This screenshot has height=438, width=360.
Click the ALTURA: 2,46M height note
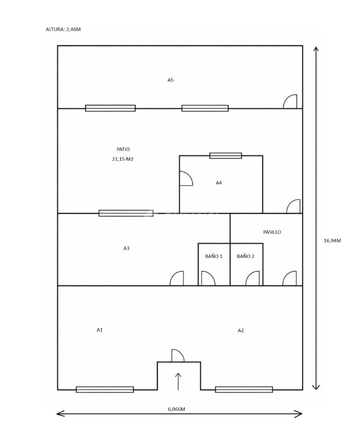click(x=63, y=29)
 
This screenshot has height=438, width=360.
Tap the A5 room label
click(x=170, y=80)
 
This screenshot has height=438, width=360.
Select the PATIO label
click(x=123, y=150)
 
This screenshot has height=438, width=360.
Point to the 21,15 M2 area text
click(x=123, y=159)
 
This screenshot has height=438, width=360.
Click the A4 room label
click(x=219, y=183)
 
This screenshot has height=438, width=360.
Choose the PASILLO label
click(x=272, y=232)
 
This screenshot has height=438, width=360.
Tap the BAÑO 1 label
click(x=214, y=256)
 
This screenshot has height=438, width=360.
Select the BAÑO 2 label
click(x=245, y=256)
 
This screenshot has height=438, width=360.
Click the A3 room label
click(x=126, y=248)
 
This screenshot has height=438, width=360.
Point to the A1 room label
click(x=100, y=330)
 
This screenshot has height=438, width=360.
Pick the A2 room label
click(x=241, y=331)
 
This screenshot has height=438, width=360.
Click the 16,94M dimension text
click(x=332, y=241)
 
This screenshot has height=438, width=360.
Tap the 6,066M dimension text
click(x=176, y=409)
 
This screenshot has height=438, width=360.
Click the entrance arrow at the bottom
click(x=178, y=381)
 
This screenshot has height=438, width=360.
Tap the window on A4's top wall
click(x=226, y=156)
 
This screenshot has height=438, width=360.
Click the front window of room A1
click(x=105, y=389)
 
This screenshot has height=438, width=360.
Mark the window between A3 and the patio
click(x=126, y=213)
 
